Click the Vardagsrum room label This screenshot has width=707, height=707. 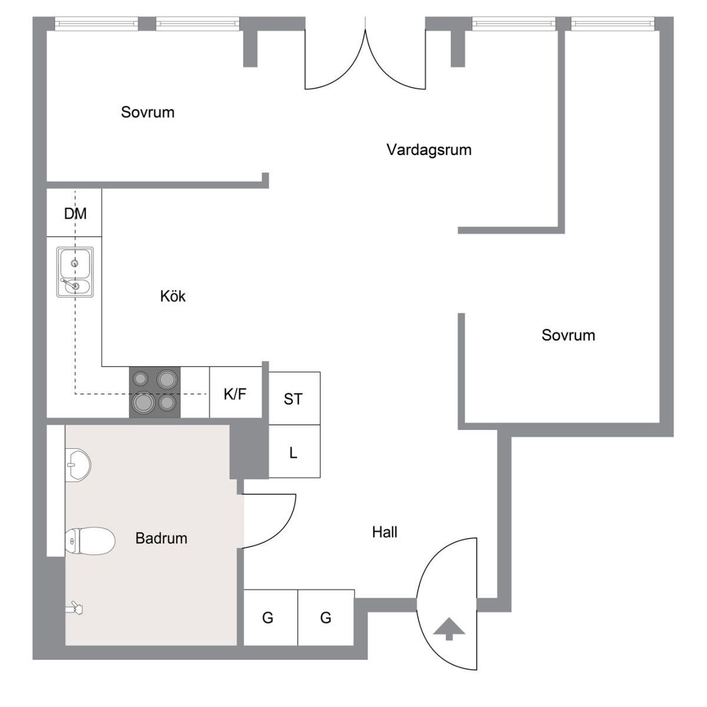coord(428,150)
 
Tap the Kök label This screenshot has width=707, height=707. coord(173,296)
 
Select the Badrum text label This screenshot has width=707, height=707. coord(161,538)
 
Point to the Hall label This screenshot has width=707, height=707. coord(385,532)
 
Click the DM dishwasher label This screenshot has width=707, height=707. coord(75,213)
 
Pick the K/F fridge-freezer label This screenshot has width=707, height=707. coord(235,394)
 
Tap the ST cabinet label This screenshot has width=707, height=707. coord(293,399)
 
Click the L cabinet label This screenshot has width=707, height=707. coord(293,453)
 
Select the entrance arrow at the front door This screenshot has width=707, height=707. coord(449,629)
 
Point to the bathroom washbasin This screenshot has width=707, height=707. coord(78,464)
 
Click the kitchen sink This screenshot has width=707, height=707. coord(75,272)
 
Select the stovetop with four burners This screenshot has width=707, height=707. coord(154,392)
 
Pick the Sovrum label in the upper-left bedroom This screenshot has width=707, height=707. coord(147,113)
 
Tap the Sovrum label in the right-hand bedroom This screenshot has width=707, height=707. coord(569,335)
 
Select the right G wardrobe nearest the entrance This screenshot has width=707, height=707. coord(326,618)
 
